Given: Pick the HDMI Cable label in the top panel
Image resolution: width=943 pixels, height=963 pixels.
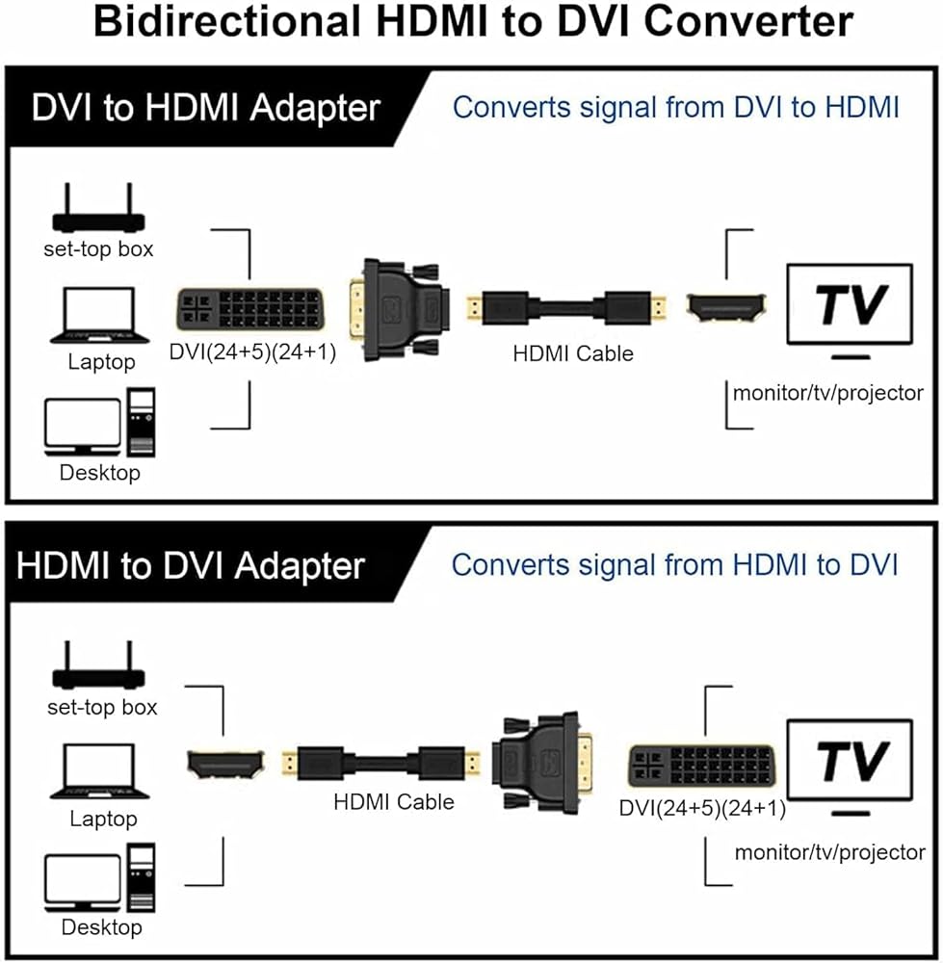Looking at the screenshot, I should [x=573, y=353].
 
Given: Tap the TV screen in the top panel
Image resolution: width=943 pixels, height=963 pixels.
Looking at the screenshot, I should [x=850, y=304].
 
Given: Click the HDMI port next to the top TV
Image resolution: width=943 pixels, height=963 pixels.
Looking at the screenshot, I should [x=726, y=308].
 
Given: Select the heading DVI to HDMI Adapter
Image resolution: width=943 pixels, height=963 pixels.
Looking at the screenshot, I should [x=206, y=108].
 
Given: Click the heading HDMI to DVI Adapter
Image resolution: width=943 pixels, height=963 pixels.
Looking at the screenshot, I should [x=191, y=564].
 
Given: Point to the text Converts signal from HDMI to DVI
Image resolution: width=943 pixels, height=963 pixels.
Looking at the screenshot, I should [x=674, y=564].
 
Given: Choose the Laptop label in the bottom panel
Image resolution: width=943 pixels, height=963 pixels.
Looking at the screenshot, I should [x=103, y=820].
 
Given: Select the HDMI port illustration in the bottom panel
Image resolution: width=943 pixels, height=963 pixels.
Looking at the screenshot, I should [x=224, y=764].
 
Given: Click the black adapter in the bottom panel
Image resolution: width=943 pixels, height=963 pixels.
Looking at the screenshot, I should [x=536, y=763].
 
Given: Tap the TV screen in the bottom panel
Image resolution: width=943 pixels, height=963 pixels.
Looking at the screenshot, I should [x=850, y=761].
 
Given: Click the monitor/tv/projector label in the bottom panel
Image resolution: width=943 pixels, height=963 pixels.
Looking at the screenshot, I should [x=829, y=852].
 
